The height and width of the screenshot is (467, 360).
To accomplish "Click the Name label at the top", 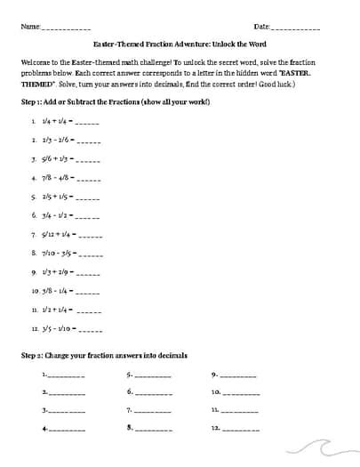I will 29,27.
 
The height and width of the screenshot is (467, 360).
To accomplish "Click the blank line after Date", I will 305,28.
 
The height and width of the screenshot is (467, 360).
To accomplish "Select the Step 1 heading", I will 116,103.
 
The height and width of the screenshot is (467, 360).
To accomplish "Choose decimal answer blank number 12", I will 240,430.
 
